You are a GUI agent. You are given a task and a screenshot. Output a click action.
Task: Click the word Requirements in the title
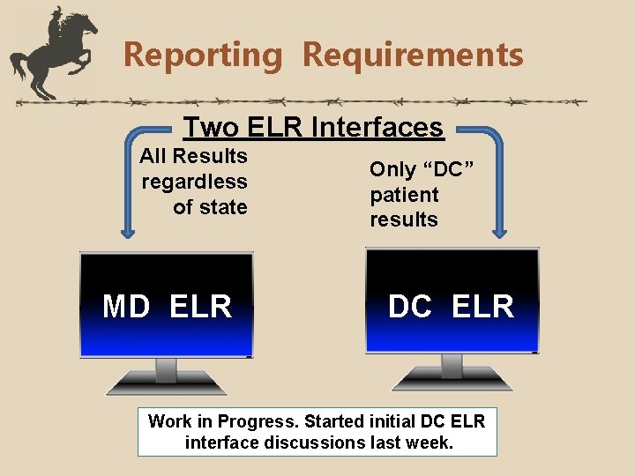click(x=413, y=55)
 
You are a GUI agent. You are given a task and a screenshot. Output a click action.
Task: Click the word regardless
click(x=195, y=182)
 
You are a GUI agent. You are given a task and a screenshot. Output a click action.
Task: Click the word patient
click(x=404, y=194)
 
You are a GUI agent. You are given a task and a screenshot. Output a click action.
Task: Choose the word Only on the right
click(x=390, y=169)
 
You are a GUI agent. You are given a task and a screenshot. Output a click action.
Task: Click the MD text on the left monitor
click(x=125, y=307)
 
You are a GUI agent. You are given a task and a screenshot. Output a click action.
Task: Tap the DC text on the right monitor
click(x=410, y=307)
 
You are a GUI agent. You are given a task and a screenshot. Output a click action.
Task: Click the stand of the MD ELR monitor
click(x=166, y=374)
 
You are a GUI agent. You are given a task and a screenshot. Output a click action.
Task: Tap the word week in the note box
click(x=431, y=442)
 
